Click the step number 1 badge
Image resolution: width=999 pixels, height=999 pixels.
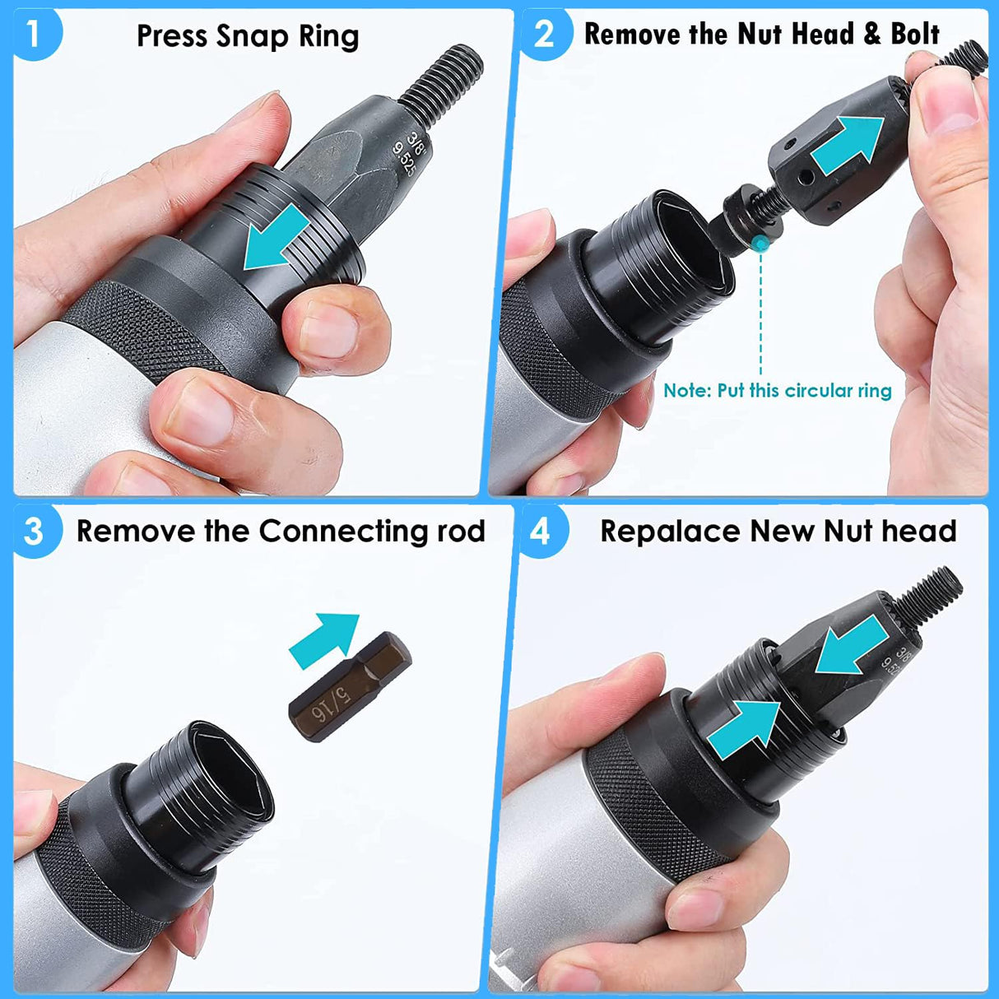(x=33, y=35)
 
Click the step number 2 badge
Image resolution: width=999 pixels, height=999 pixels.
(x=544, y=35)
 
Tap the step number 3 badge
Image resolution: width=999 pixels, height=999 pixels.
(x=33, y=531)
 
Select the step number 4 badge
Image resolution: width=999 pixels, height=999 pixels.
(x=540, y=531)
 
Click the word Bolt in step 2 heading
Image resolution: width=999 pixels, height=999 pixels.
(x=914, y=35)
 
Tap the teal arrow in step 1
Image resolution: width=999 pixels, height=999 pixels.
(x=276, y=239)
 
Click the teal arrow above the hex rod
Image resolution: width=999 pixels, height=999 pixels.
(x=326, y=638)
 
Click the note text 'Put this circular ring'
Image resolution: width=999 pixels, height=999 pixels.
(x=804, y=390)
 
